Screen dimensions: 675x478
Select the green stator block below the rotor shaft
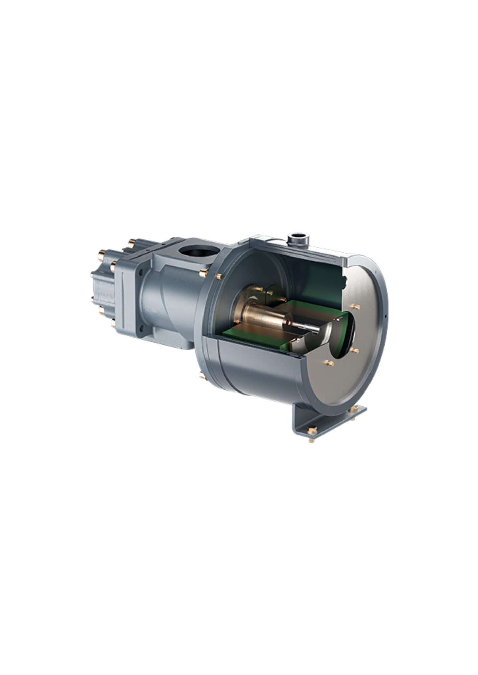click(x=257, y=339)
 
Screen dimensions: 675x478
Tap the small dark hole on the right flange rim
click(x=385, y=316)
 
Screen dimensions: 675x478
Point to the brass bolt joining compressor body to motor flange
click(x=204, y=272)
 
